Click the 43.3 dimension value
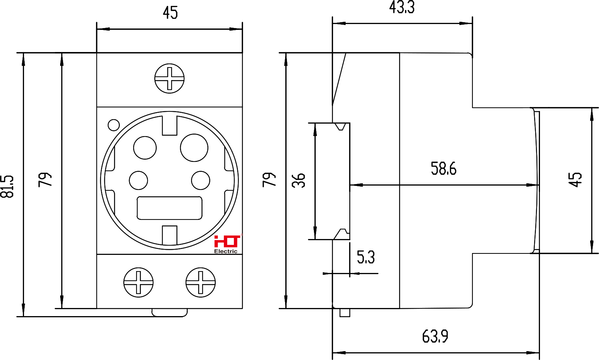click(402, 7)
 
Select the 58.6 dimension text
click(443, 169)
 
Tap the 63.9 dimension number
click(435, 336)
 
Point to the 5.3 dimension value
click(366, 257)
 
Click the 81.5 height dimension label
click(7, 186)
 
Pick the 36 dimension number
click(298, 180)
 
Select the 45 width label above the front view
click(170, 13)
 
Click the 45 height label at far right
click(575, 180)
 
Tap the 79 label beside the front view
click(45, 180)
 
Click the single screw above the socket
click(169, 79)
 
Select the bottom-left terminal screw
click(138, 283)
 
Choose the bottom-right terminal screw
click(200, 283)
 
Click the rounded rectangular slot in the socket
click(169, 208)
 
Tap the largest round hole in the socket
click(194, 148)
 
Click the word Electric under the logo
click(226, 252)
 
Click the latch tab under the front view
click(169, 313)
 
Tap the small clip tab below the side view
click(344, 313)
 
